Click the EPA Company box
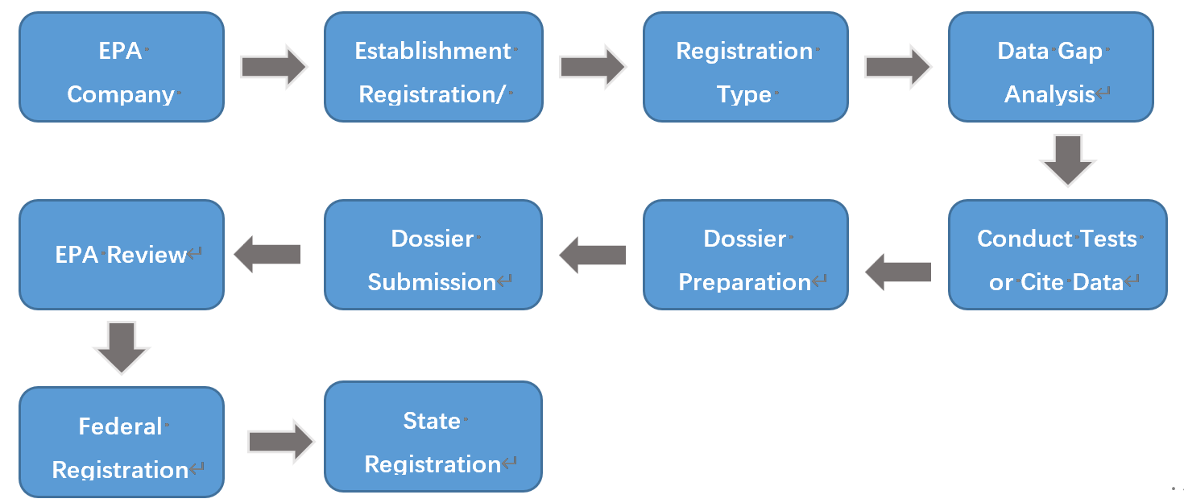tap(121, 68)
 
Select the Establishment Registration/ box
tap(433, 68)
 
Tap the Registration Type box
tap(745, 68)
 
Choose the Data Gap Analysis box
tap(1050, 68)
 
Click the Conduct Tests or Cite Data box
tap(1057, 256)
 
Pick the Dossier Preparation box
tap(745, 256)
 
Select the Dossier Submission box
tap(433, 256)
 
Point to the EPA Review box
tap(121, 256)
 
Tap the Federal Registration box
tap(121, 443)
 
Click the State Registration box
tap(433, 437)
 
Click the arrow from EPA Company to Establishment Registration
tap(274, 66)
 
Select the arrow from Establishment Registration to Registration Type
tap(592, 66)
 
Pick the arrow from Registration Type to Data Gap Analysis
tap(897, 66)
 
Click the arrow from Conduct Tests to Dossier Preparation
tap(898, 272)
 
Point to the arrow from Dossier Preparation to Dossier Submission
tap(592, 255)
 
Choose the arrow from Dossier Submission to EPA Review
tap(267, 255)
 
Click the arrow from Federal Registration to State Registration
tap(280, 442)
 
